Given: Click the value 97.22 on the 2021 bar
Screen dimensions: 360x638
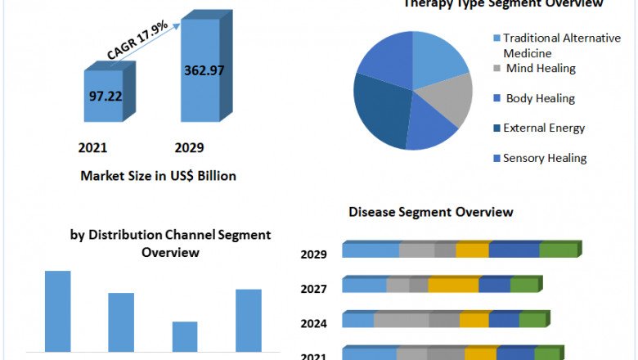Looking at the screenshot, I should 106,96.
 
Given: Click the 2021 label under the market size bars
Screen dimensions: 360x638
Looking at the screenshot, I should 92,148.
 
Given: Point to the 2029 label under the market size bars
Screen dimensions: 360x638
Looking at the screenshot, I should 190,148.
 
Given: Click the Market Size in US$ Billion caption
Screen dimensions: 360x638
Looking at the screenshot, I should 158,176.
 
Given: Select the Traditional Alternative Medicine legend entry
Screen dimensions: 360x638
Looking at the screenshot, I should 561,45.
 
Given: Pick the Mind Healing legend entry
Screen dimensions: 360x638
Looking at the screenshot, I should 540,69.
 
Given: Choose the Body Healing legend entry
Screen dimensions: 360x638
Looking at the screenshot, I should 540,98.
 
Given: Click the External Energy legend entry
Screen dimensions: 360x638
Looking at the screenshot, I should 544,128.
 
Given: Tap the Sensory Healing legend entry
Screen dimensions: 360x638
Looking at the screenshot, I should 545,158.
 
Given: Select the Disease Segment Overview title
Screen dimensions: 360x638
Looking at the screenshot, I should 431,212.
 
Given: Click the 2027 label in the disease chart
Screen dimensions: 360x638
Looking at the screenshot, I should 314,289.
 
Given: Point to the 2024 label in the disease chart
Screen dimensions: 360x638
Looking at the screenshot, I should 314,323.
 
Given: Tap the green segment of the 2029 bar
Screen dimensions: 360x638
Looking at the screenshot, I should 559,250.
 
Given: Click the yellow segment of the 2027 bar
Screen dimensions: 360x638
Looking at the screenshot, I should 453,285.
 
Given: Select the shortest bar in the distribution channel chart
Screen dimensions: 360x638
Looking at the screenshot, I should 185,336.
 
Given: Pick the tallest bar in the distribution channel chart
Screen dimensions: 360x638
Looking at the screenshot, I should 58,311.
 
